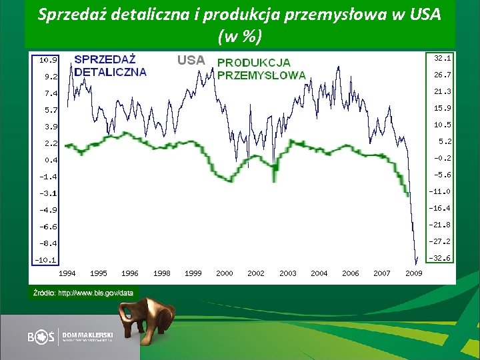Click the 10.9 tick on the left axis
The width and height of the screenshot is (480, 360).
click(48, 60)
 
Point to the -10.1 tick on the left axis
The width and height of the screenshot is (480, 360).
click(47, 260)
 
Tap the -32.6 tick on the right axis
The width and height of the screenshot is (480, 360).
click(440, 258)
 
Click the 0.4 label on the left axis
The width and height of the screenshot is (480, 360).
click(51, 160)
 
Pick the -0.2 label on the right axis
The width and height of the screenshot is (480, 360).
click(441, 158)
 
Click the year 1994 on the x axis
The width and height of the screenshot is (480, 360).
click(67, 273)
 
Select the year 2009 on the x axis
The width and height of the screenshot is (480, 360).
click(414, 273)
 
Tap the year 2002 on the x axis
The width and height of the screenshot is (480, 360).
click(256, 273)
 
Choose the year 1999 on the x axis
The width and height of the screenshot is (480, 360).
click(193, 273)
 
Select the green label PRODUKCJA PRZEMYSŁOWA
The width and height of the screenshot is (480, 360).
click(261, 69)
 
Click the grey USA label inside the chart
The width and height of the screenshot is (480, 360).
click(191, 60)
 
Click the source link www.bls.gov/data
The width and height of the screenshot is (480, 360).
click(95, 292)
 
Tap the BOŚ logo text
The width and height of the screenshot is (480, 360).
click(41, 337)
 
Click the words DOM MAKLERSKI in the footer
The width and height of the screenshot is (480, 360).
click(87, 333)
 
